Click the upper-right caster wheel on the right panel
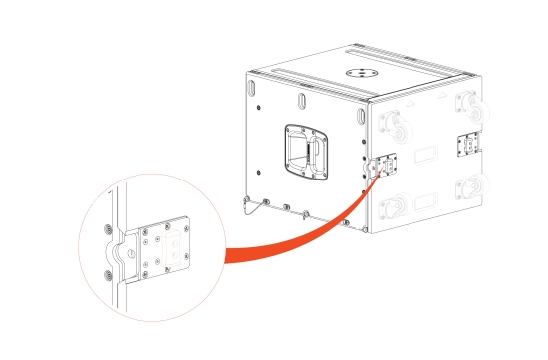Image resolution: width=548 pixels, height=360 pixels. [x=467, y=104]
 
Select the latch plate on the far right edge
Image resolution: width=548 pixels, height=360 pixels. [x=468, y=146]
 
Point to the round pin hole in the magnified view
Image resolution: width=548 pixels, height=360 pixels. [x=131, y=256]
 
